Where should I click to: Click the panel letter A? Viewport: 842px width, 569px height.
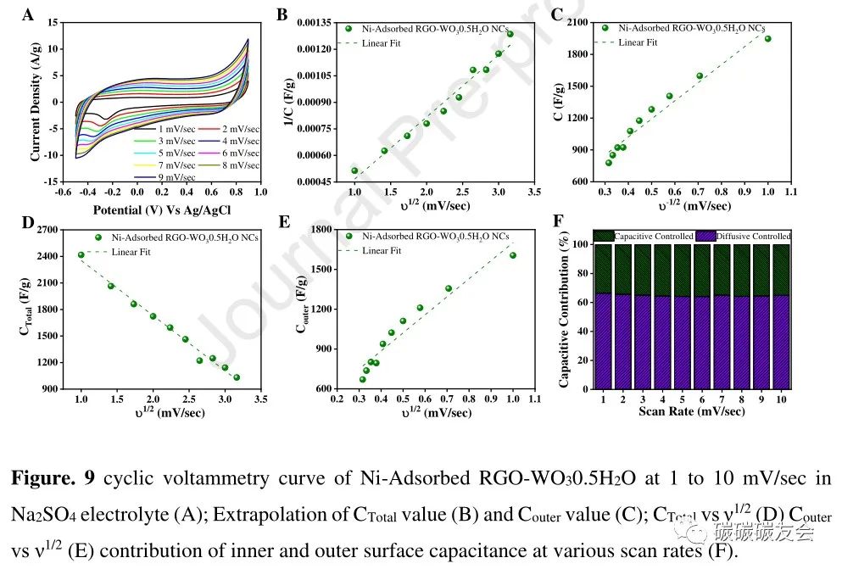pyautogui.click(x=27, y=15)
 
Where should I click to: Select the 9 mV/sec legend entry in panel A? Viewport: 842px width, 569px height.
pyautogui.click(x=176, y=177)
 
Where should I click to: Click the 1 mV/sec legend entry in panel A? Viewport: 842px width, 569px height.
pyautogui.click(x=176, y=128)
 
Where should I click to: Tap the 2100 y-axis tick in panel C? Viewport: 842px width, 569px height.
pyautogui.click(x=577, y=23)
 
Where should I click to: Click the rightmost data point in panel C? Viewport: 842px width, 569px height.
pyautogui.click(x=768, y=38)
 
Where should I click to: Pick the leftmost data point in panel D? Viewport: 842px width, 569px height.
pyautogui.click(x=81, y=254)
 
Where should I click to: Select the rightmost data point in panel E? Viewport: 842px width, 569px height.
pyautogui.click(x=513, y=255)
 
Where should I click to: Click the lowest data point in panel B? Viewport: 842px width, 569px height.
pyautogui.click(x=354, y=170)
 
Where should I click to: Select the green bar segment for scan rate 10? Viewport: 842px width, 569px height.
pyautogui.click(x=780, y=270)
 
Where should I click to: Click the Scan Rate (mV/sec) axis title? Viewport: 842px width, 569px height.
pyautogui.click(x=691, y=411)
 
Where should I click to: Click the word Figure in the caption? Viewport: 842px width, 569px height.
pyautogui.click(x=40, y=478)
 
